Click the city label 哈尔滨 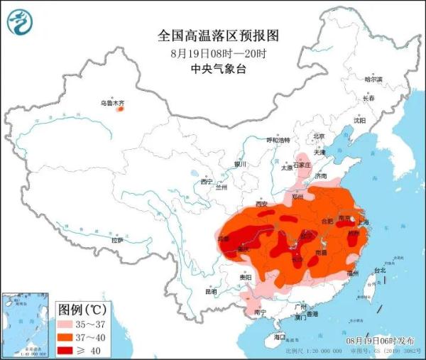(373, 80)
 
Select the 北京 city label (319, 136)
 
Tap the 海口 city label (280, 337)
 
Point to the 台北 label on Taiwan (379, 271)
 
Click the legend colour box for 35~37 (70, 323)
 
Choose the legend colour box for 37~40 (70, 336)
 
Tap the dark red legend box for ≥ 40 (70, 349)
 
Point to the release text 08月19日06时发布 (385, 342)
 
